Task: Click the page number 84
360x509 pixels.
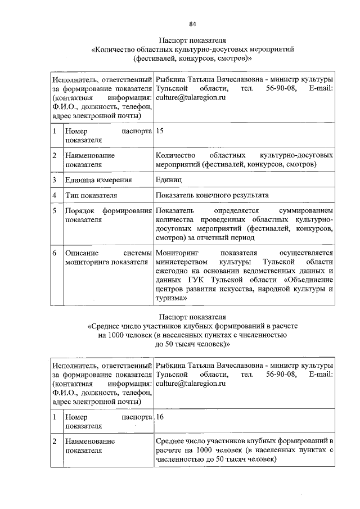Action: [x=192, y=24]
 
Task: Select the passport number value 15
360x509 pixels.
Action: [x=160, y=131]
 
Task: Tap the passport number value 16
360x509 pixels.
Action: [x=160, y=417]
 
